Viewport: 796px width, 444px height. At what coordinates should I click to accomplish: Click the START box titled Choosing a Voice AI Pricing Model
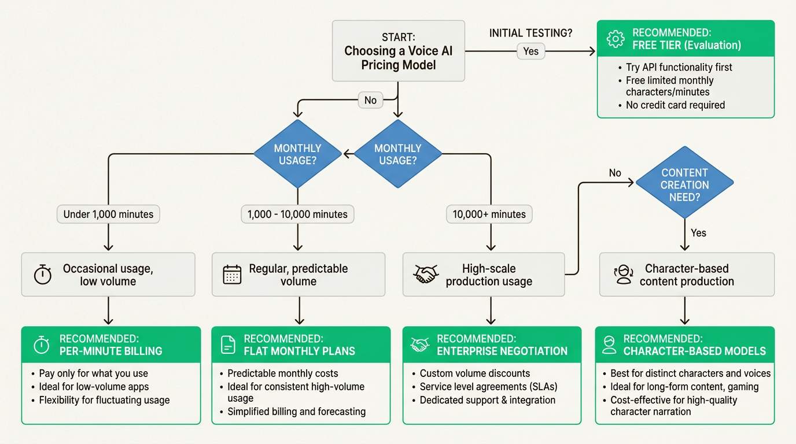pos(399,51)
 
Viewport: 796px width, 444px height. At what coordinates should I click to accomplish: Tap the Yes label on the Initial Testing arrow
pos(530,51)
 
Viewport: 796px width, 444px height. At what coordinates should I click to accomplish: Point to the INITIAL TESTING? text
pos(530,33)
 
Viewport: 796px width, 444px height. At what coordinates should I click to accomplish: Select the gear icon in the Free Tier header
pos(615,39)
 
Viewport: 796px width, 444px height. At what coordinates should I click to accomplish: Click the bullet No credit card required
pos(675,105)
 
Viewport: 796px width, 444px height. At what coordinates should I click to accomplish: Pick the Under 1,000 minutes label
pos(108,214)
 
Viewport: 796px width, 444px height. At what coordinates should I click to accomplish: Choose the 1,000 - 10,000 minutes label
pos(297,214)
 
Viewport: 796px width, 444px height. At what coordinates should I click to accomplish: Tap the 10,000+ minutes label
pos(489,214)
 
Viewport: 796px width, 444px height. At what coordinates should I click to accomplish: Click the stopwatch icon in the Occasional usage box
pos(43,275)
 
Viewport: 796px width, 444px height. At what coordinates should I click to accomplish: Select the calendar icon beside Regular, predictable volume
pos(232,275)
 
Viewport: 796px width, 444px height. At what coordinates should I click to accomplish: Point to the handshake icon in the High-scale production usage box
pos(426,275)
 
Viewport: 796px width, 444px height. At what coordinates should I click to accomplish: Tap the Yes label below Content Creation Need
pos(698,233)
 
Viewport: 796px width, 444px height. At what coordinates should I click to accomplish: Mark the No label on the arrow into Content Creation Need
pos(615,173)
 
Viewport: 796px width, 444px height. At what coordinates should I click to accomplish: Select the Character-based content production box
pos(687,275)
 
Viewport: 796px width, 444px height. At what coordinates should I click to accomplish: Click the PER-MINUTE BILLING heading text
pos(111,351)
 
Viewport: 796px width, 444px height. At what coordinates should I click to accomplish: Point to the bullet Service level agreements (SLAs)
pos(488,387)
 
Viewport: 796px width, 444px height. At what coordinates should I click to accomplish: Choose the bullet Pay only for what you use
pos(93,373)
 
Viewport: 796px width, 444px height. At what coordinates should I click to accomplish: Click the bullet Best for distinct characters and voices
pos(690,373)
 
